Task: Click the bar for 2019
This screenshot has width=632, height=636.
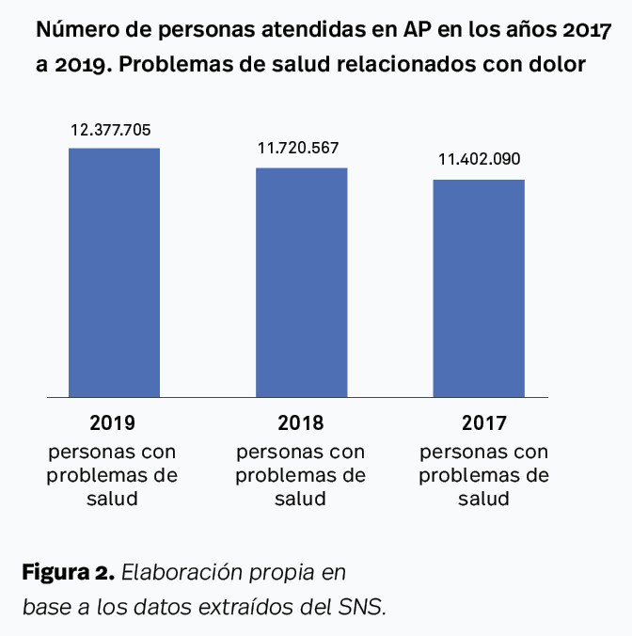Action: pos(114,273)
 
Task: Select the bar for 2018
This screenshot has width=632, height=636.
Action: pos(302,282)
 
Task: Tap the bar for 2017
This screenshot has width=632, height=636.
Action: pos(478,288)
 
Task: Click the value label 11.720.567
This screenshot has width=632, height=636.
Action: pos(298,149)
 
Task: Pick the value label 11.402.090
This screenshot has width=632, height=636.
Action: pos(479,159)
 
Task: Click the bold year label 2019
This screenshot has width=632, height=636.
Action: pos(113,421)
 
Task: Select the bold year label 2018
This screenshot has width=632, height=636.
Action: pos(301,421)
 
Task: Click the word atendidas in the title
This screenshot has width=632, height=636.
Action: pos(311,31)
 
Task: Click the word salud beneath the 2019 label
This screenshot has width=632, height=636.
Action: pos(113,498)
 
